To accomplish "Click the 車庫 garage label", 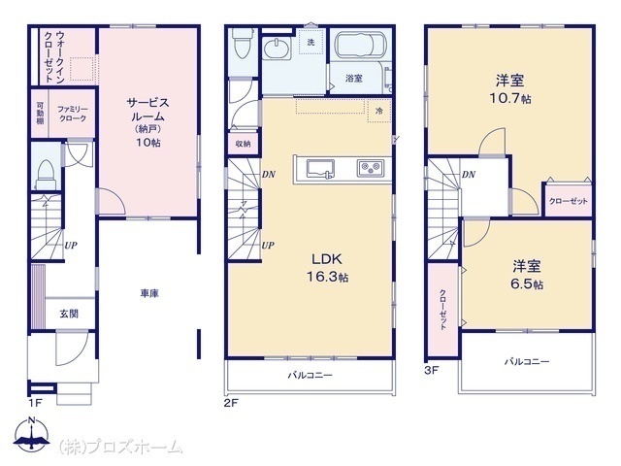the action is tap(149, 293).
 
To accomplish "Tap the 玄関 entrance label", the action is tap(69, 314).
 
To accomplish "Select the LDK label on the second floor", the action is tap(327, 259).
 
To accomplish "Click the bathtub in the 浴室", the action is tap(360, 45).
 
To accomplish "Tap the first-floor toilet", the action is tap(47, 175).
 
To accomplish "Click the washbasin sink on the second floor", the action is tap(276, 50).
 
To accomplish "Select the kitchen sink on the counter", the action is tap(320, 169).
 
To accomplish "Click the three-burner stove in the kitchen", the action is tap(371, 168).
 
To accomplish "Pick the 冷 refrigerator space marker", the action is tap(379, 112).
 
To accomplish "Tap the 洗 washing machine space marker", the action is tap(311, 42).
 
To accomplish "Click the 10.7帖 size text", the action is tap(510, 98).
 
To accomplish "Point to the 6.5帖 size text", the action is tap(527, 284).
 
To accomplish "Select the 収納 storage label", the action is tap(243, 144).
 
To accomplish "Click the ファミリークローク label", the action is tap(72, 114).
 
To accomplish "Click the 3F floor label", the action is tap(431, 371).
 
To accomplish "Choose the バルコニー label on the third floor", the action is tap(527, 361).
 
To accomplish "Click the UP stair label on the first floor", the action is tap(71, 246).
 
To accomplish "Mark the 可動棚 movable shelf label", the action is tap(41, 114).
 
